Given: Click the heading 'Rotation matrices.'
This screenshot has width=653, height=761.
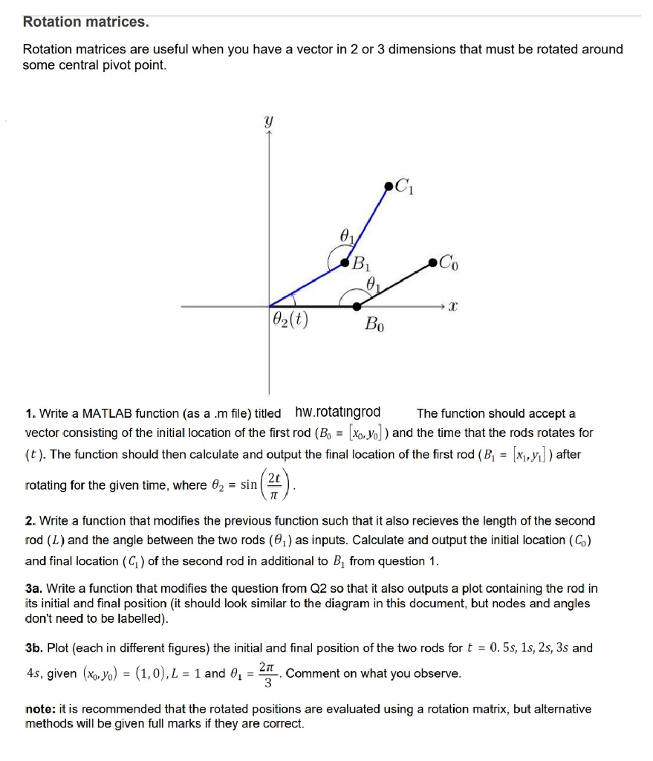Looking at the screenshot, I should [x=85, y=22].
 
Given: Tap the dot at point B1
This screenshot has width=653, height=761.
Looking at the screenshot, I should [x=345, y=262].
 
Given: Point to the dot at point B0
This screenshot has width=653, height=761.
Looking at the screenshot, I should [x=357, y=305].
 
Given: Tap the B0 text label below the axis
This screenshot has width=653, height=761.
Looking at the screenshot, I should [x=374, y=325].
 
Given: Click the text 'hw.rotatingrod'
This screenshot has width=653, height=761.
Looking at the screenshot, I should [x=337, y=412].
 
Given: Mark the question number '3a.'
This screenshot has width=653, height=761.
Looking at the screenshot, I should [x=34, y=589].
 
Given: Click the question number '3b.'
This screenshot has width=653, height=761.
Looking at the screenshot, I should [x=34, y=647].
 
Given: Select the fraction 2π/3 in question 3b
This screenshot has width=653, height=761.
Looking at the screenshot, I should [x=266, y=674].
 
